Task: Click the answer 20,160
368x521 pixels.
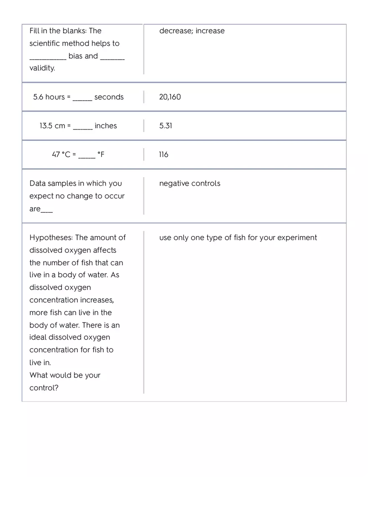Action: pyautogui.click(x=170, y=97)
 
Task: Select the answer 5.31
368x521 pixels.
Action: pyautogui.click(x=166, y=126)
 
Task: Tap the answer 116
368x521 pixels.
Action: pyautogui.click(x=164, y=155)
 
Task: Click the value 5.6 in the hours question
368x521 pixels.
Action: pyautogui.click(x=38, y=97)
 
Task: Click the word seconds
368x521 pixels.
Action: pyautogui.click(x=109, y=97)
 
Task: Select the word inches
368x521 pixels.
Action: pyautogui.click(x=106, y=126)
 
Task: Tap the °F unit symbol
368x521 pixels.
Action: pyautogui.click(x=101, y=155)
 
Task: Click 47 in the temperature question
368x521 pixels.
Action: pyautogui.click(x=56, y=155)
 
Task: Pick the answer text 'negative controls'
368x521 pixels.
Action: pyautogui.click(x=189, y=183)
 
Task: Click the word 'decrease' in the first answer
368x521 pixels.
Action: pyautogui.click(x=175, y=31)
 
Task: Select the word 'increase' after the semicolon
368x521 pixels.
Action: pyautogui.click(x=210, y=31)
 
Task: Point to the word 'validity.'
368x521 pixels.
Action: pyautogui.click(x=42, y=68)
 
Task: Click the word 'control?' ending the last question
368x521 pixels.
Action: pyautogui.click(x=44, y=388)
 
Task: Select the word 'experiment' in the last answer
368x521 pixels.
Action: pyautogui.click(x=297, y=238)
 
